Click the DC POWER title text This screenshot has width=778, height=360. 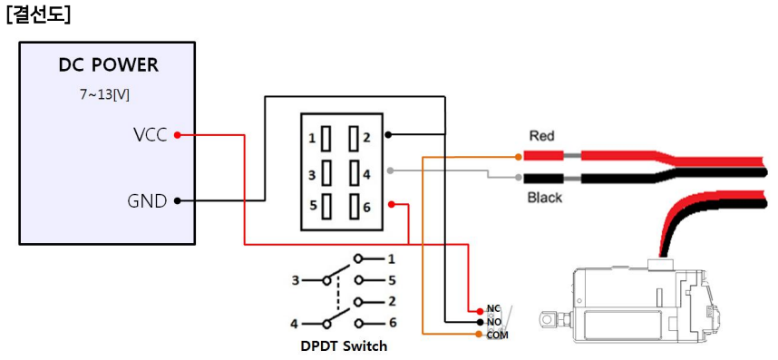(x=108, y=66)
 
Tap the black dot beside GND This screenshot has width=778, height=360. (x=177, y=201)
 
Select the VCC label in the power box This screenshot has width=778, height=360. (x=150, y=136)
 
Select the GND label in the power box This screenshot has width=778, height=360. (x=147, y=201)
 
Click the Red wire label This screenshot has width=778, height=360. (x=541, y=136)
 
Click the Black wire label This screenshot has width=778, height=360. (x=545, y=198)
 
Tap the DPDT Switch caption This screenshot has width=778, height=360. (x=344, y=345)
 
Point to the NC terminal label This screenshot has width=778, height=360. (x=492, y=309)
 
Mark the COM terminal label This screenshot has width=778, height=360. (x=497, y=335)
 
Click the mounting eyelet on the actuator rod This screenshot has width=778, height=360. (x=547, y=320)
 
